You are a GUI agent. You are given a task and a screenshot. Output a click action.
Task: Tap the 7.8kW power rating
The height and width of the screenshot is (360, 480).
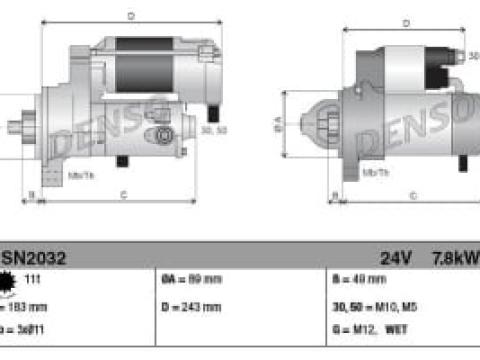(455, 257)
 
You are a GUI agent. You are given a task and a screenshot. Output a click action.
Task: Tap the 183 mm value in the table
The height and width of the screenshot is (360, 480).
(30, 307)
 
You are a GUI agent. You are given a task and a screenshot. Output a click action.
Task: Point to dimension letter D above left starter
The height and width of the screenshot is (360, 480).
(132, 17)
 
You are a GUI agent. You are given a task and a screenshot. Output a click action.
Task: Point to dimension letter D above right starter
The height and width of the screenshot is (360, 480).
(406, 22)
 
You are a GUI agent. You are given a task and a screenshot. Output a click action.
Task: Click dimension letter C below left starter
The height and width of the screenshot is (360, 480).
(122, 194)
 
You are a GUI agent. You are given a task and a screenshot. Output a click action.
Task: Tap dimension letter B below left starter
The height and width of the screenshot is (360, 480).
(31, 194)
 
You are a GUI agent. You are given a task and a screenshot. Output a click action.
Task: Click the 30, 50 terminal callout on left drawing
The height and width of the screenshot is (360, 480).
(213, 129)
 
